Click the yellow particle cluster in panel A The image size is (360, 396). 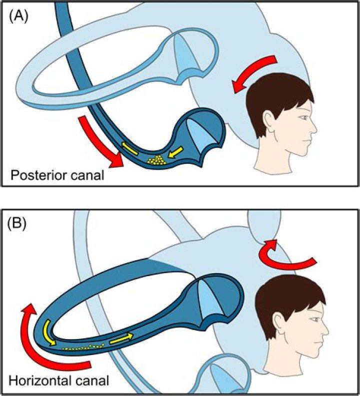(158, 160)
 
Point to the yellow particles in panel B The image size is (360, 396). (82, 346)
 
